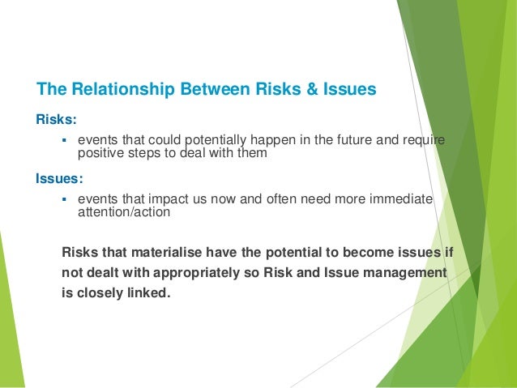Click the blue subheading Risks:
[x=56, y=120]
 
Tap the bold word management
[x=397, y=273]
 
